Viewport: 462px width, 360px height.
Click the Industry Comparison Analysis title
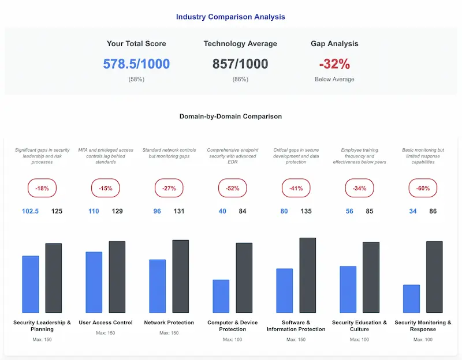point(230,17)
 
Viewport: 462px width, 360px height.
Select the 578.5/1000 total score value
point(136,63)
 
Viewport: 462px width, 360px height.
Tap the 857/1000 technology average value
point(240,63)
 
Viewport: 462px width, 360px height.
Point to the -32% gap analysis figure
point(334,63)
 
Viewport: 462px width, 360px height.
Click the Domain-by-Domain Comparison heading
point(230,116)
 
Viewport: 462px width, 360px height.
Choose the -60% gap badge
point(423,188)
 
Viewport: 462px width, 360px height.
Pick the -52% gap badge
point(232,188)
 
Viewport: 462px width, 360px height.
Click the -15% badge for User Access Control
point(105,188)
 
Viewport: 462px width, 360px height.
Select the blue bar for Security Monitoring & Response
point(411,299)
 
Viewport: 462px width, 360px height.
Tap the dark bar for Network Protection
point(181,276)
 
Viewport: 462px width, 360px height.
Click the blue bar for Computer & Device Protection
point(221,296)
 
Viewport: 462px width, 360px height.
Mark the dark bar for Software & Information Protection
point(308,275)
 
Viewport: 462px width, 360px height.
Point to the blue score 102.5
point(30,211)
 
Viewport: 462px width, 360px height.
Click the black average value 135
point(306,211)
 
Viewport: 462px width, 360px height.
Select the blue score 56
point(349,211)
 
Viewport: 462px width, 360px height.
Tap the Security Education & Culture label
point(359,326)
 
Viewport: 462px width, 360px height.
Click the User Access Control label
point(105,322)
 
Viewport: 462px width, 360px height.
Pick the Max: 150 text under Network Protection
point(169,333)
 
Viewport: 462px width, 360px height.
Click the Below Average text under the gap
point(334,79)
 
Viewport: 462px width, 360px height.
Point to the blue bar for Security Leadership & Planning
point(30,284)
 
